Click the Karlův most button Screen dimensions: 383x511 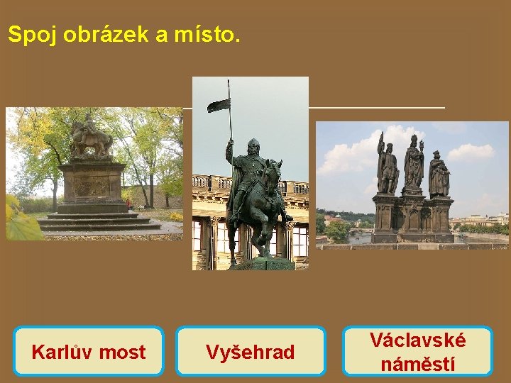[x=89, y=351]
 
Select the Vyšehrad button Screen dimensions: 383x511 [x=251, y=351]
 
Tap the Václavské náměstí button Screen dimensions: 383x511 [x=417, y=351]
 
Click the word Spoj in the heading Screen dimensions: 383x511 [x=33, y=35]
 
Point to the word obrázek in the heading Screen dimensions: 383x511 [x=105, y=35]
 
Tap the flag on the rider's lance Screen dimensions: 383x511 [x=219, y=106]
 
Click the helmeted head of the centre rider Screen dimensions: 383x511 [x=253, y=147]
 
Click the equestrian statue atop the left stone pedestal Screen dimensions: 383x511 [x=90, y=136]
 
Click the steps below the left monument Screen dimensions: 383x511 [x=96, y=222]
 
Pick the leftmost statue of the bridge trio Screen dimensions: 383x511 [x=387, y=167]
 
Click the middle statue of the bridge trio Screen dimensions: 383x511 [x=413, y=163]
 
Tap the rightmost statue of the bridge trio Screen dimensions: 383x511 [x=439, y=174]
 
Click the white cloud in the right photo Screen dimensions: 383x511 [x=471, y=152]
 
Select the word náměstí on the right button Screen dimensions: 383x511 [x=417, y=364]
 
